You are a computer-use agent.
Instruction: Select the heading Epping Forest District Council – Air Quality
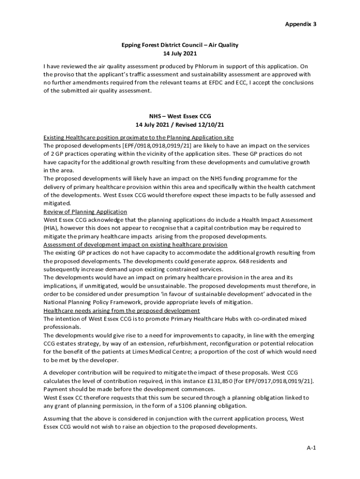(x=180, y=45)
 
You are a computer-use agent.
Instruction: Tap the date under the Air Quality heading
(x=180, y=54)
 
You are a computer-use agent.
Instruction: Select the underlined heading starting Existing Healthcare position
(x=138, y=137)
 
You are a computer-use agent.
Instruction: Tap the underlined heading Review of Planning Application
(x=85, y=211)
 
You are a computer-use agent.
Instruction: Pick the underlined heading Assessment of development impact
(x=136, y=244)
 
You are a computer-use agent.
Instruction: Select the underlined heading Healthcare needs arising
(x=122, y=311)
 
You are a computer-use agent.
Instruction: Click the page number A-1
(x=311, y=448)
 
